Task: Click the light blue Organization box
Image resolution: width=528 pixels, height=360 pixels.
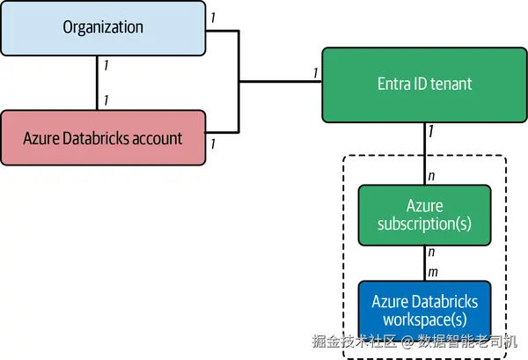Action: coord(103,28)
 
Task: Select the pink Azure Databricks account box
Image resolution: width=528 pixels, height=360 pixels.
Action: coord(103,137)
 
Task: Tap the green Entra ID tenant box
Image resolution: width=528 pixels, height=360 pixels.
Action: coord(425,84)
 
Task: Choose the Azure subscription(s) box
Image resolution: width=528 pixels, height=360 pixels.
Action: coord(425,215)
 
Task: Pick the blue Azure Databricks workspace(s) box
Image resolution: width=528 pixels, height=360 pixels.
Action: coord(425,311)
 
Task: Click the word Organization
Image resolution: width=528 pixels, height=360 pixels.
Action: coord(103,27)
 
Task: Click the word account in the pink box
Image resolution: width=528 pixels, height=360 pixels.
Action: coord(157,138)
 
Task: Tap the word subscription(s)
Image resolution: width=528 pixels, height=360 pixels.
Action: coord(424,224)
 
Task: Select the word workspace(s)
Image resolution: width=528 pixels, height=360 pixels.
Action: coord(425,320)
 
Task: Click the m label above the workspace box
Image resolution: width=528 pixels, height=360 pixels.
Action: coord(433,272)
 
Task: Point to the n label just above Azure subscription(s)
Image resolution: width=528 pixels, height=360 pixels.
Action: coord(431,176)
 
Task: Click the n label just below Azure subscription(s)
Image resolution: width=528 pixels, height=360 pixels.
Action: coord(431,252)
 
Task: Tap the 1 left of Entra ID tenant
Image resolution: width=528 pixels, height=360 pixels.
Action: coord(316,73)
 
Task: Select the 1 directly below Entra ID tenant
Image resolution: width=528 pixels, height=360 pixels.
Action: coord(431,131)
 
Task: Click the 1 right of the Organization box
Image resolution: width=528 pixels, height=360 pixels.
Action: coord(213,18)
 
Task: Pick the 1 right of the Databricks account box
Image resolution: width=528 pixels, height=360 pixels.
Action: coord(213,143)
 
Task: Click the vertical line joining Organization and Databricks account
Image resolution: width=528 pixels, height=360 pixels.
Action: coord(97,83)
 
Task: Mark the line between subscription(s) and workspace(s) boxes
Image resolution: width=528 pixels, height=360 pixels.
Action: coord(425,263)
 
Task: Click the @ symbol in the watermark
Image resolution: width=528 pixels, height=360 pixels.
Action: coord(407,342)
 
